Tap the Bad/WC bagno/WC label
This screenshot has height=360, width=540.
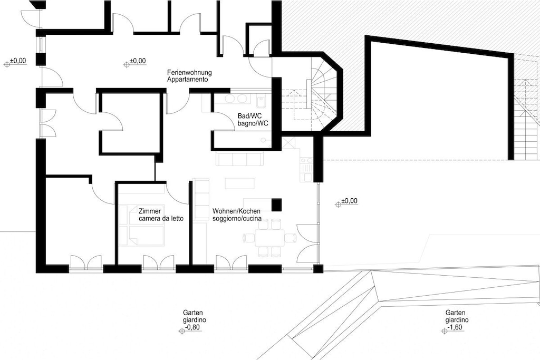253,120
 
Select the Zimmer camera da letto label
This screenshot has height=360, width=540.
161,215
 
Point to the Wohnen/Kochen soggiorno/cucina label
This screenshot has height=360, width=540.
237,215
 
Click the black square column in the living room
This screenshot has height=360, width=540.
276,205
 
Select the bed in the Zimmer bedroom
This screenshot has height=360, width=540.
130,226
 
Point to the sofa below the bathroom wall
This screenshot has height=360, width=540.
240,159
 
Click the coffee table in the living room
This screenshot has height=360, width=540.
240,183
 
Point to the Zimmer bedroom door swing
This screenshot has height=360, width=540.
177,193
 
